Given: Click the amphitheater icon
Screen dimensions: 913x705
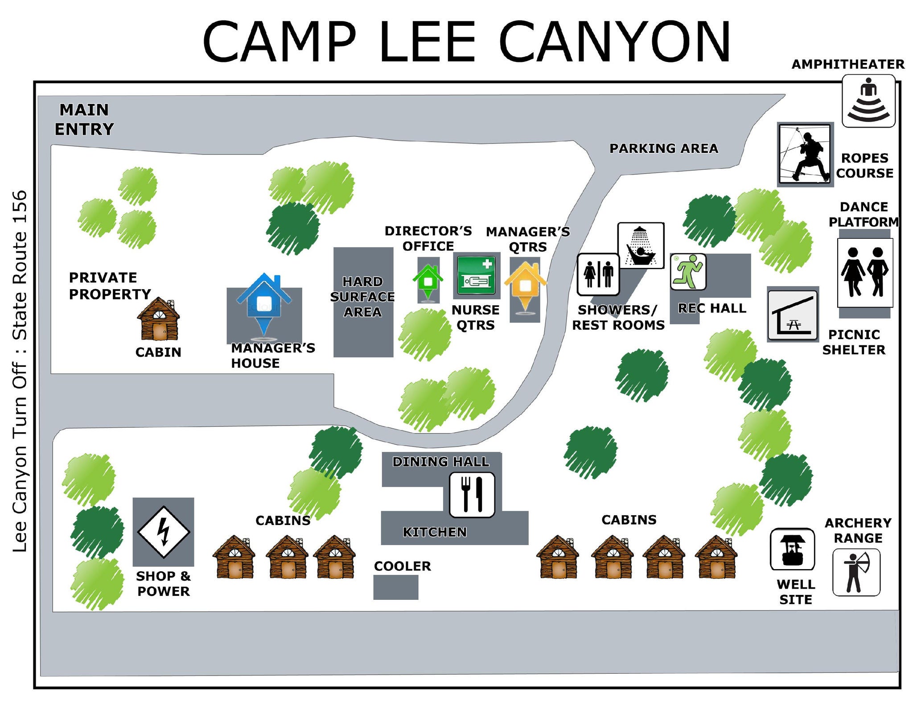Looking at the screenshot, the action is tap(868, 101).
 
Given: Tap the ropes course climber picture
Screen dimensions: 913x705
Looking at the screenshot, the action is tap(805, 154).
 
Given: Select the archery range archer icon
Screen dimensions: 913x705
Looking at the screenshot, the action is tap(856, 572).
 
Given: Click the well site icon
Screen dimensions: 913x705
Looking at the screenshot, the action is tap(792, 549).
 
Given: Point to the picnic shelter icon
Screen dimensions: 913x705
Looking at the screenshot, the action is tap(793, 315).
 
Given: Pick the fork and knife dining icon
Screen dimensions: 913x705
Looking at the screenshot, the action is tap(472, 495).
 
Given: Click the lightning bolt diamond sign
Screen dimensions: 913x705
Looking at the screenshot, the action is tap(164, 532).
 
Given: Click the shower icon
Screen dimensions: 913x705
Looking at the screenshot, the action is tap(641, 246).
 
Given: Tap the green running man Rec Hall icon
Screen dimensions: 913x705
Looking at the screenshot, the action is tap(688, 272).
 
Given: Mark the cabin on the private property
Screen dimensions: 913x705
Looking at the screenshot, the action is tap(158, 319).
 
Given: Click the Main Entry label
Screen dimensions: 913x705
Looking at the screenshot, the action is tap(84, 119).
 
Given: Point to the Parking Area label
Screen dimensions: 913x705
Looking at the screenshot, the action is tap(664, 148).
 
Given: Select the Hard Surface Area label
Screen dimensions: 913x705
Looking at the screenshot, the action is tap(362, 297).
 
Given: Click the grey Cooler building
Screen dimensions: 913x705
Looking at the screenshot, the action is tap(395, 587).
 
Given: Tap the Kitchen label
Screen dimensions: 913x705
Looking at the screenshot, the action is tap(435, 532).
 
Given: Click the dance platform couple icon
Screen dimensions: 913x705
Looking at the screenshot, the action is tap(865, 273).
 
